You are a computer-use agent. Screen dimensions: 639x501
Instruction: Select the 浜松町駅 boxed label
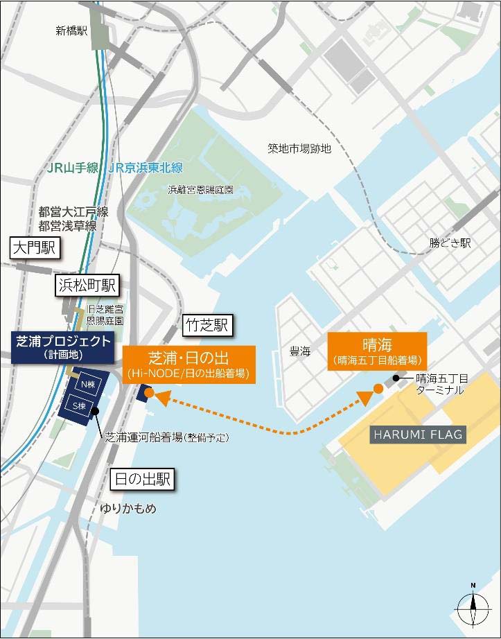pyautogui.click(x=88, y=285)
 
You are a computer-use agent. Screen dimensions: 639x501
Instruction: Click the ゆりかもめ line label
pyautogui.click(x=127, y=508)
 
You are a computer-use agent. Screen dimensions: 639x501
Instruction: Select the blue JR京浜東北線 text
pyautogui.click(x=146, y=168)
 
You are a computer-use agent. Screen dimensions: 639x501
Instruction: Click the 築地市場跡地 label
pyautogui.click(x=300, y=148)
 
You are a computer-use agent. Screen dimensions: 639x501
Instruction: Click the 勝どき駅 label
pyautogui.click(x=450, y=243)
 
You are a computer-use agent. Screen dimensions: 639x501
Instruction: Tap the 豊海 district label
pyautogui.click(x=300, y=351)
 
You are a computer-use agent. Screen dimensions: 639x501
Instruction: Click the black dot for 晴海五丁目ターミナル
pyautogui.click(x=396, y=378)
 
